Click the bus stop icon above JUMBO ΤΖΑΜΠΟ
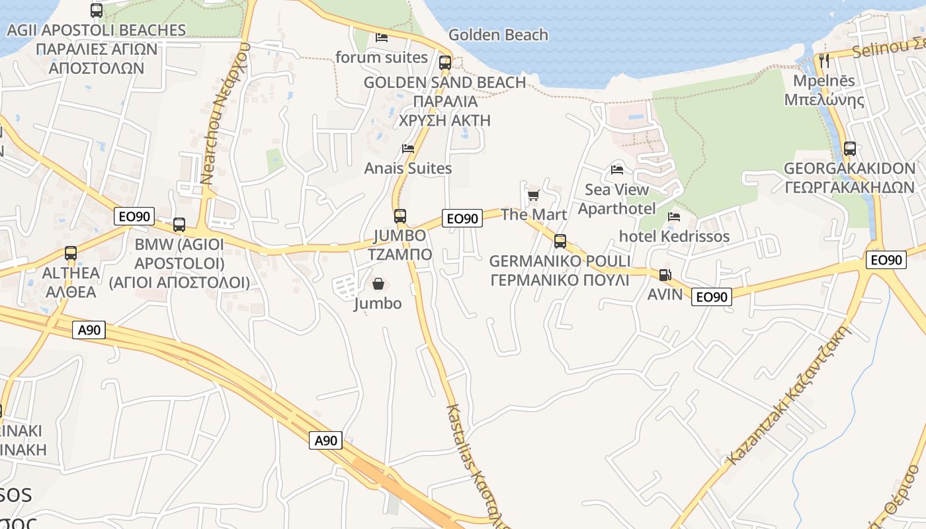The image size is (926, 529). click(400, 216)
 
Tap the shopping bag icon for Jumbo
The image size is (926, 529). click(378, 284)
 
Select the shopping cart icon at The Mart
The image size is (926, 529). click(533, 195)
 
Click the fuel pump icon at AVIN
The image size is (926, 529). click(665, 275)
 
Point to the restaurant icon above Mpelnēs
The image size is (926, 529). click(823, 60)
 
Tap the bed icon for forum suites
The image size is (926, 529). click(382, 37)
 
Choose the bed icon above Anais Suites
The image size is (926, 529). click(408, 149)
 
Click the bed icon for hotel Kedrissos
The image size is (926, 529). click(674, 216)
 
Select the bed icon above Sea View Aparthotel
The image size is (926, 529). click(617, 170)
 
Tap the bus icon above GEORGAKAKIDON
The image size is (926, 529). click(850, 149)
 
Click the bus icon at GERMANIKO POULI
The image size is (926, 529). click(560, 241)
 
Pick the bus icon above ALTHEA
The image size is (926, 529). click(71, 253)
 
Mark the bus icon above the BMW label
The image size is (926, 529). click(179, 224)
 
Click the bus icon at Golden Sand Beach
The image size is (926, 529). click(445, 63)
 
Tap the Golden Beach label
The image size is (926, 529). click(498, 35)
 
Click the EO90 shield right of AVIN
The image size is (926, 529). click(712, 297)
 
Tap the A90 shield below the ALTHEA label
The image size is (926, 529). click(89, 329)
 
